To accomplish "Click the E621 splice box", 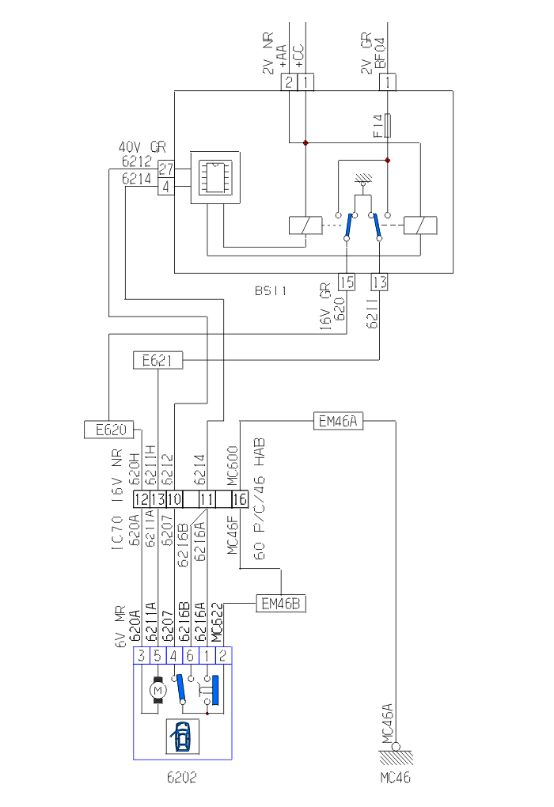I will pos(157,362).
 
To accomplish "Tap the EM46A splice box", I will pos(339,421).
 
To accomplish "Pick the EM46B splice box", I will pos(280,604).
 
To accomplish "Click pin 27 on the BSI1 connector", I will pos(166,169).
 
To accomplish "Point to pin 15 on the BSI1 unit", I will pos(347,282).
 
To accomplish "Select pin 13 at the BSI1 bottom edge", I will pos(380,282).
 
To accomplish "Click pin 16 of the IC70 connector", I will pos(240,499).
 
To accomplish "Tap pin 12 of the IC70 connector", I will pos(142,499).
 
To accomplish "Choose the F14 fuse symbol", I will pos(388,126).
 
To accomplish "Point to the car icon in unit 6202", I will pos(182,737).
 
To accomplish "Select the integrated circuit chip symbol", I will pos(213,178).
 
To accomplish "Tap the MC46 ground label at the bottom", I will pos(395,778).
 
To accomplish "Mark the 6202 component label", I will pos(181,777).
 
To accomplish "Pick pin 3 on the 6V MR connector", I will pos(142,655).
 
